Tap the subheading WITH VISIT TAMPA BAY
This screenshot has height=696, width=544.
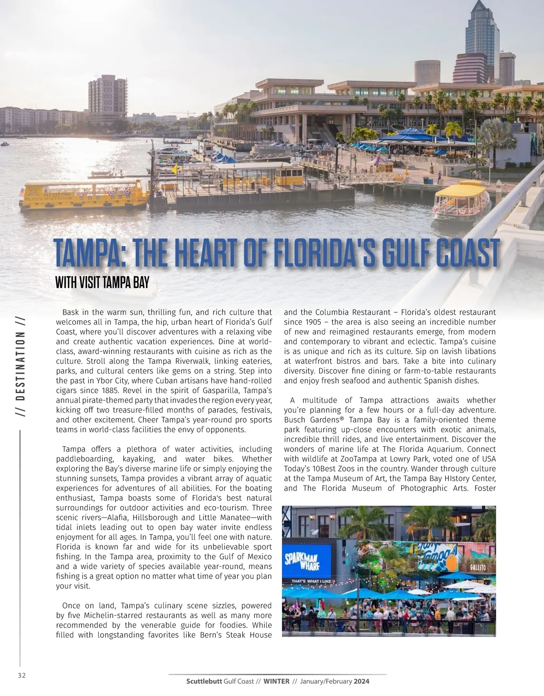tap(102, 283)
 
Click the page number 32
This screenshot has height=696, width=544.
tap(21, 675)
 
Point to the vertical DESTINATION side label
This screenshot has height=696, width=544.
tap(20, 363)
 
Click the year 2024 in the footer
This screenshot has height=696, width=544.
tap(362, 681)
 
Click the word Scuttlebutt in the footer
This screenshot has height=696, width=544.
tap(204, 681)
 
